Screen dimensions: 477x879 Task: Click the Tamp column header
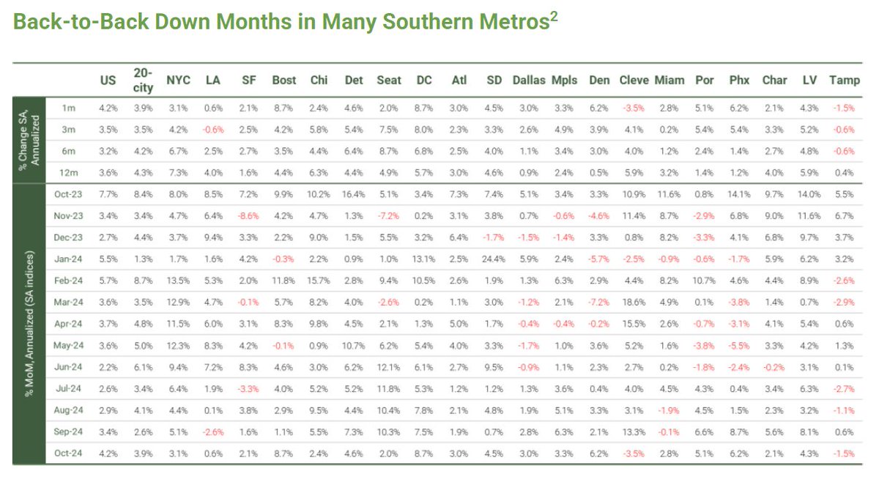(844, 80)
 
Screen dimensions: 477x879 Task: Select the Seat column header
(389, 80)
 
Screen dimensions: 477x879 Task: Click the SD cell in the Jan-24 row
(494, 259)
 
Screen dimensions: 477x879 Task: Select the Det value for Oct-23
(354, 194)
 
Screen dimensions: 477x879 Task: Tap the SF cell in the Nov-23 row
(248, 215)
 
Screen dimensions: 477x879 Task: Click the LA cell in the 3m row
(213, 130)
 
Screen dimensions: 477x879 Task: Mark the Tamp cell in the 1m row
(844, 108)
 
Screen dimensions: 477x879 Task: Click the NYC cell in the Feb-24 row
(178, 280)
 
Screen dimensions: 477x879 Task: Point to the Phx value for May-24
(739, 345)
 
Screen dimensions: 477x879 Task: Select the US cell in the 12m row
(108, 172)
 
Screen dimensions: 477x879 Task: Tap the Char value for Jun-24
(774, 366)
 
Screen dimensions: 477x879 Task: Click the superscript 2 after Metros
(554, 16)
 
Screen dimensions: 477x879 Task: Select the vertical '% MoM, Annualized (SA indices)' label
(30, 323)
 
